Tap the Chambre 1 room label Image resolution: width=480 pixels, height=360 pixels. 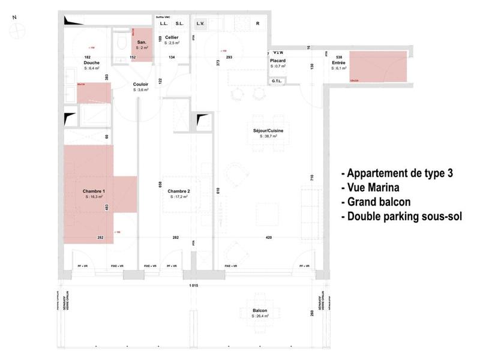[x=93, y=191]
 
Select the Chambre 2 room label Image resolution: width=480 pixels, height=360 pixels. [x=179, y=191]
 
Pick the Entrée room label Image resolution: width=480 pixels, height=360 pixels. [x=338, y=62]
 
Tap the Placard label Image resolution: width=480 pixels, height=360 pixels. [x=277, y=61]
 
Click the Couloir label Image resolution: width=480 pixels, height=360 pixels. [x=141, y=85]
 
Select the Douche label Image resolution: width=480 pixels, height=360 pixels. [x=91, y=62]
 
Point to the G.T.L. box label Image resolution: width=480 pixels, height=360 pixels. [x=277, y=80]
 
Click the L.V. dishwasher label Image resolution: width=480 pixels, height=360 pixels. [x=200, y=24]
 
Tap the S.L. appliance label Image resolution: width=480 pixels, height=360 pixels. [x=179, y=24]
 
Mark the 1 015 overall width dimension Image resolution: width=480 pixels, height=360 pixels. [x=193, y=285]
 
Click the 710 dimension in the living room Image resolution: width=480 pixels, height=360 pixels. [x=312, y=178]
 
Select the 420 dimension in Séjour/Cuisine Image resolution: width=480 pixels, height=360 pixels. [x=269, y=238]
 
